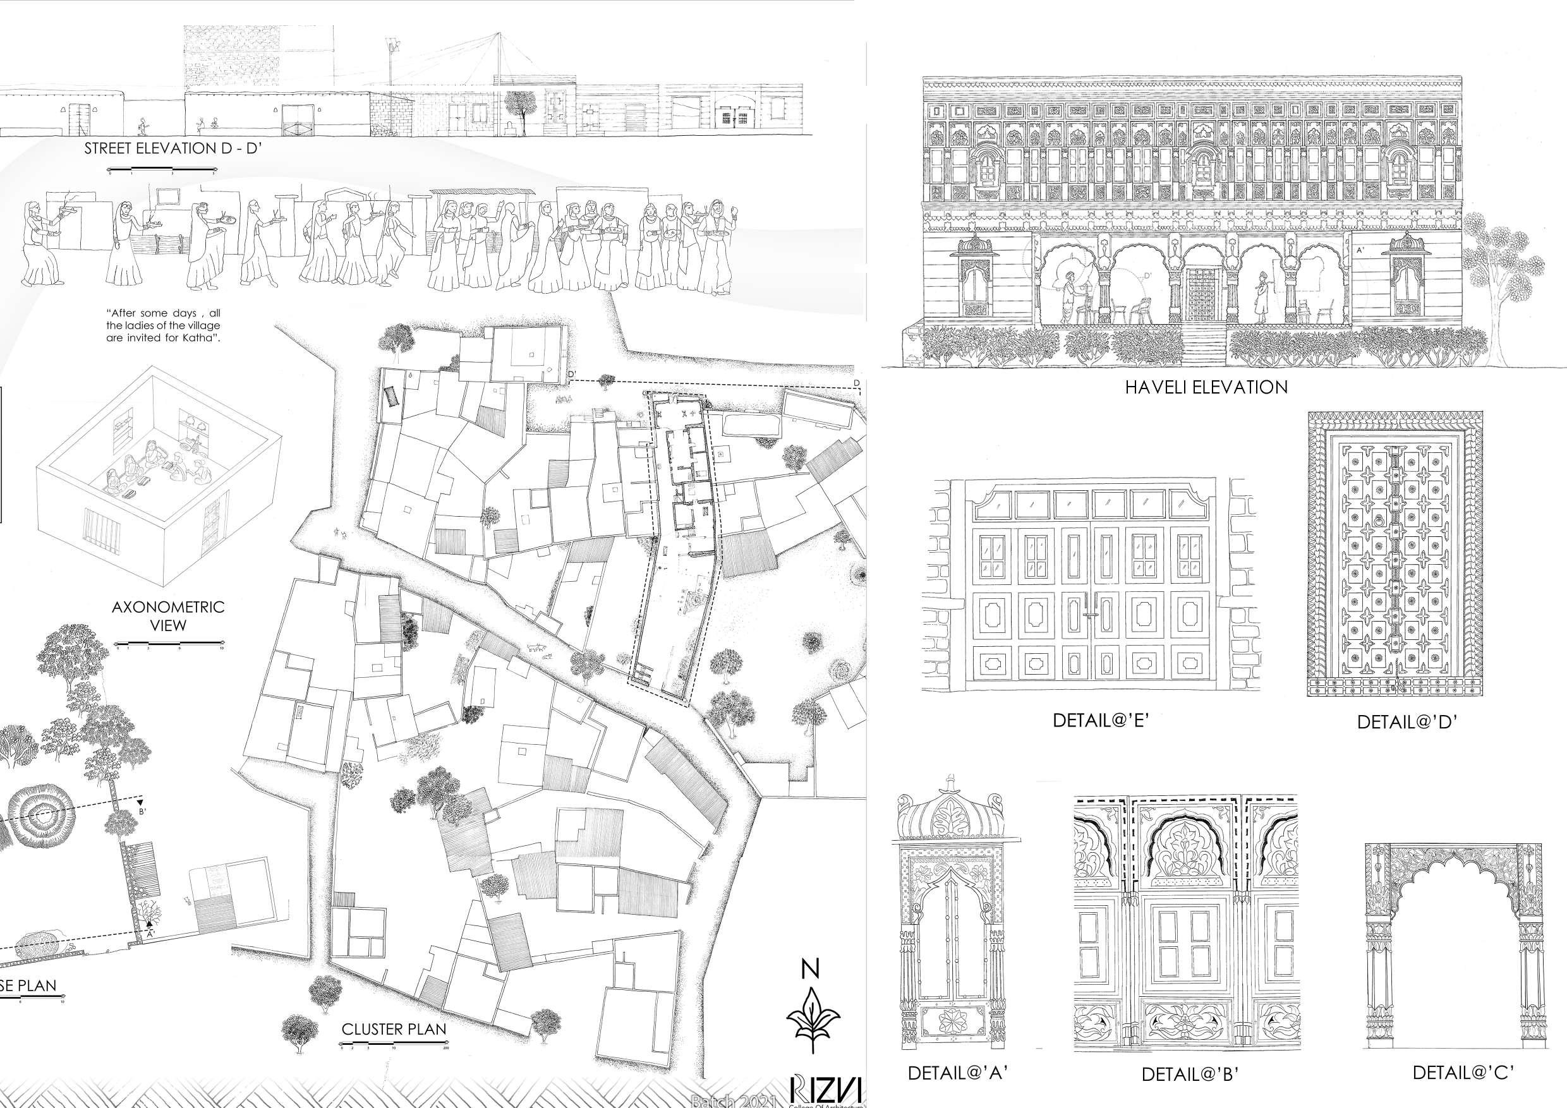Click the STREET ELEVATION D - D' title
(173, 148)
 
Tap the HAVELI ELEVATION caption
(1206, 387)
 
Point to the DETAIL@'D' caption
(1407, 722)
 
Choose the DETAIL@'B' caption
(1190, 1074)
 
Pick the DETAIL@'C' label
(1463, 1072)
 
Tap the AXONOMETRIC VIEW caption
(168, 616)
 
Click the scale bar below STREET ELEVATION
(162, 169)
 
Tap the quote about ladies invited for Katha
(163, 325)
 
